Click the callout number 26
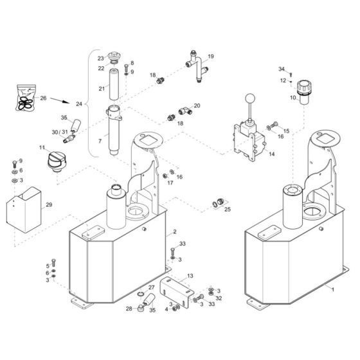(43, 98)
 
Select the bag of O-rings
(24, 97)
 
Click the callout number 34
(281, 69)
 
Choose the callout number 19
(210, 57)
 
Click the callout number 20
(197, 105)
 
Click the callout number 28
(129, 309)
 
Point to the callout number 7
(99, 140)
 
